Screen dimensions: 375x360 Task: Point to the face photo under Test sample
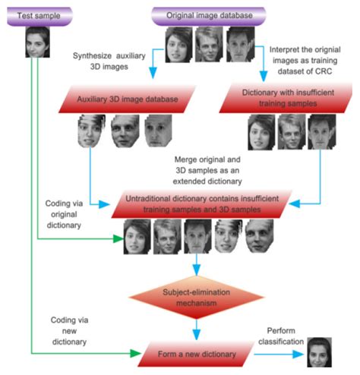36,44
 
